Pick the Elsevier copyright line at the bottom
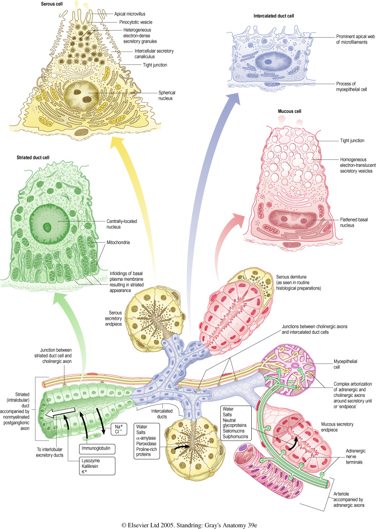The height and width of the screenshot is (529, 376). pos(188,520)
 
